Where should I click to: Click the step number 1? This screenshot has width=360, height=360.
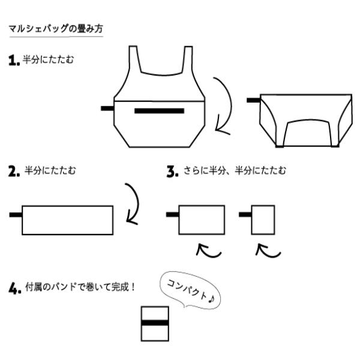tap(14, 60)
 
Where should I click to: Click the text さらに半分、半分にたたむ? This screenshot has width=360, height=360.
tap(235, 171)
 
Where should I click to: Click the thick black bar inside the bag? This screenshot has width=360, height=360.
tap(159, 111)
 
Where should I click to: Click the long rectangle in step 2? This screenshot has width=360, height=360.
tap(67, 220)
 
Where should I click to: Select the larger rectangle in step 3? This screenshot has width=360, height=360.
tap(202, 220)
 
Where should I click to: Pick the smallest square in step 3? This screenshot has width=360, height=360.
tap(263, 220)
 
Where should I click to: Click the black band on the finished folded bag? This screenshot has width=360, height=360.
tap(155, 323)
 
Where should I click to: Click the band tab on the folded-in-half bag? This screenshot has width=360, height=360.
tap(253, 100)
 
